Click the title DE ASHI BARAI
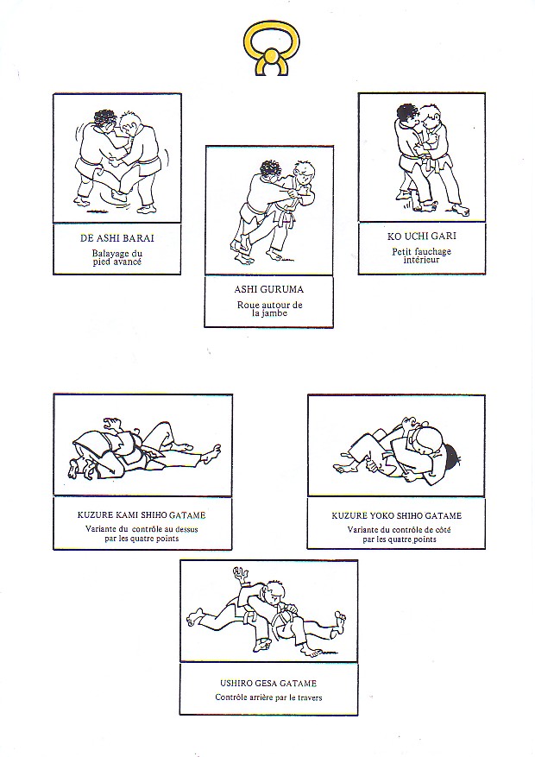tap(117, 238)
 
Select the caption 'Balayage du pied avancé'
tap(117, 257)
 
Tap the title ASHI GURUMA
tap(268, 290)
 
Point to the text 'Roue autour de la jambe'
tap(269, 309)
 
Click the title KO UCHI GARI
tap(422, 237)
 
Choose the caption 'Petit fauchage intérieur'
tap(422, 255)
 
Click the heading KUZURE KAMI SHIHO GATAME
tap(142, 515)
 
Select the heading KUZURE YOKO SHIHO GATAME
tap(397, 515)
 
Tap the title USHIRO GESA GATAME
tap(268, 684)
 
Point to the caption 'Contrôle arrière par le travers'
tap(268, 697)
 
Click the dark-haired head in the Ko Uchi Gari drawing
tap(406, 116)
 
